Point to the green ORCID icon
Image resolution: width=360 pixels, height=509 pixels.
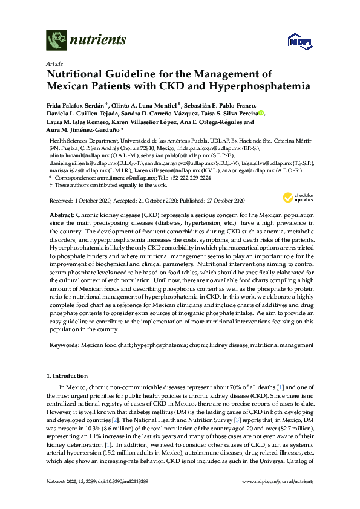tap(261, 112)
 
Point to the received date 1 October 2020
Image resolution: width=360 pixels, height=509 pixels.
tap(100, 200)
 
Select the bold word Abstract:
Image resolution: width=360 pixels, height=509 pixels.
tap(62, 215)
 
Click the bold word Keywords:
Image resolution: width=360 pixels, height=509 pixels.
tap(63, 343)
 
